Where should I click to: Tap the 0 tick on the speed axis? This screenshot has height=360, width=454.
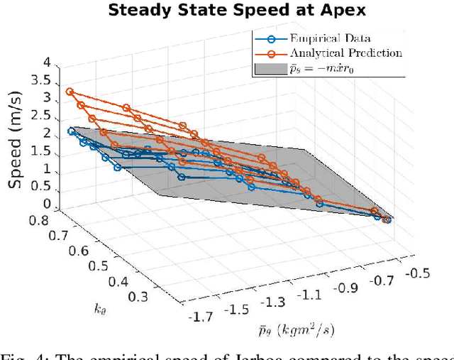point(46,204)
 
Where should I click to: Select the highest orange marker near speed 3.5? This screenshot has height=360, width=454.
point(70,92)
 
